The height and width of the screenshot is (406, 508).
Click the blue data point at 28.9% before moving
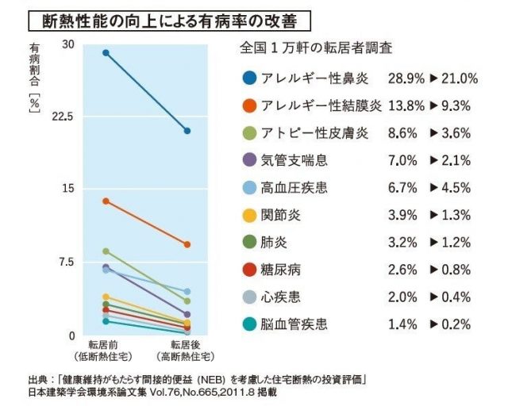point(106,53)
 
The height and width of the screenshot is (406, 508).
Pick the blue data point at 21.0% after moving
point(187,130)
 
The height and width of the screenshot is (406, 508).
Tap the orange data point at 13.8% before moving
point(106,201)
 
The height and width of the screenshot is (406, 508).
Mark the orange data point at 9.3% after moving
point(187,244)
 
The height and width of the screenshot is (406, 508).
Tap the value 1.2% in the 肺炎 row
point(455,242)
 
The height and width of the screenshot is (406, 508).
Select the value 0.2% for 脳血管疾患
point(455,324)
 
